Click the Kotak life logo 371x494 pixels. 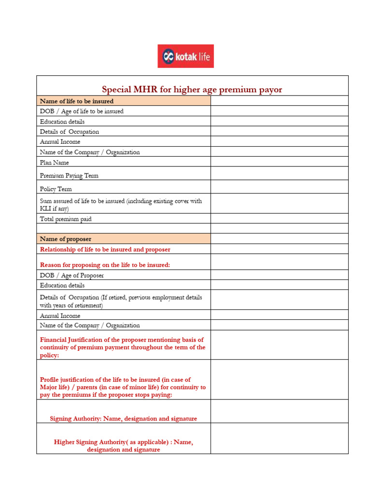pyautogui.click(x=185, y=56)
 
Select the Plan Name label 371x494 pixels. pyautogui.click(x=54, y=163)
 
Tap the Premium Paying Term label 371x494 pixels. pyautogui.click(x=69, y=176)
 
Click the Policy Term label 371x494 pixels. pyautogui.click(x=56, y=189)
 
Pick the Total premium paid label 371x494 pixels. pyautogui.click(x=66, y=219)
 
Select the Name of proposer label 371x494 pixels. pyautogui.click(x=66, y=239)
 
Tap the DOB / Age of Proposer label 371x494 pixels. pyautogui.click(x=72, y=275)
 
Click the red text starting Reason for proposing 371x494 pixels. pyautogui.click(x=105, y=265)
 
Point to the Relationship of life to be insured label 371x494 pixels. pyautogui.click(x=105, y=249)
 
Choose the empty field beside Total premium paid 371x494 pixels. pyautogui.click(x=279, y=219)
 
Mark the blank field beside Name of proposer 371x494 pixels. pyautogui.click(x=279, y=239)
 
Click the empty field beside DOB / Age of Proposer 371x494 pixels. pyautogui.click(x=279, y=275)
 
